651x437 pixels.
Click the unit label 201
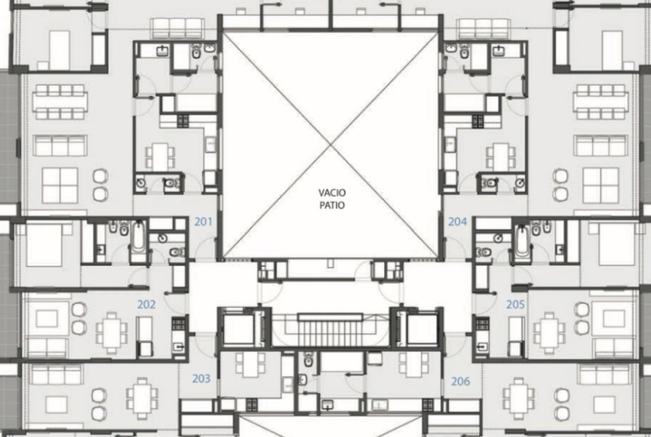point(204,222)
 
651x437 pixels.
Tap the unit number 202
point(146,305)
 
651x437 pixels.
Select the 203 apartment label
point(201,379)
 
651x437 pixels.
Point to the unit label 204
point(457,222)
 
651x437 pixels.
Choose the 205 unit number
point(515,305)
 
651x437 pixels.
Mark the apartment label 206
point(461,381)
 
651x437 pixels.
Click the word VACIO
point(332,193)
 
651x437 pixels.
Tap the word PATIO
point(332,205)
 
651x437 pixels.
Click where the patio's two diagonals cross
point(331,145)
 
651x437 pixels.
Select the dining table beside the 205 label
point(549,333)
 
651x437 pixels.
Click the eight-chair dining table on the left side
point(61,102)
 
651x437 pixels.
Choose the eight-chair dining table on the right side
point(600,102)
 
